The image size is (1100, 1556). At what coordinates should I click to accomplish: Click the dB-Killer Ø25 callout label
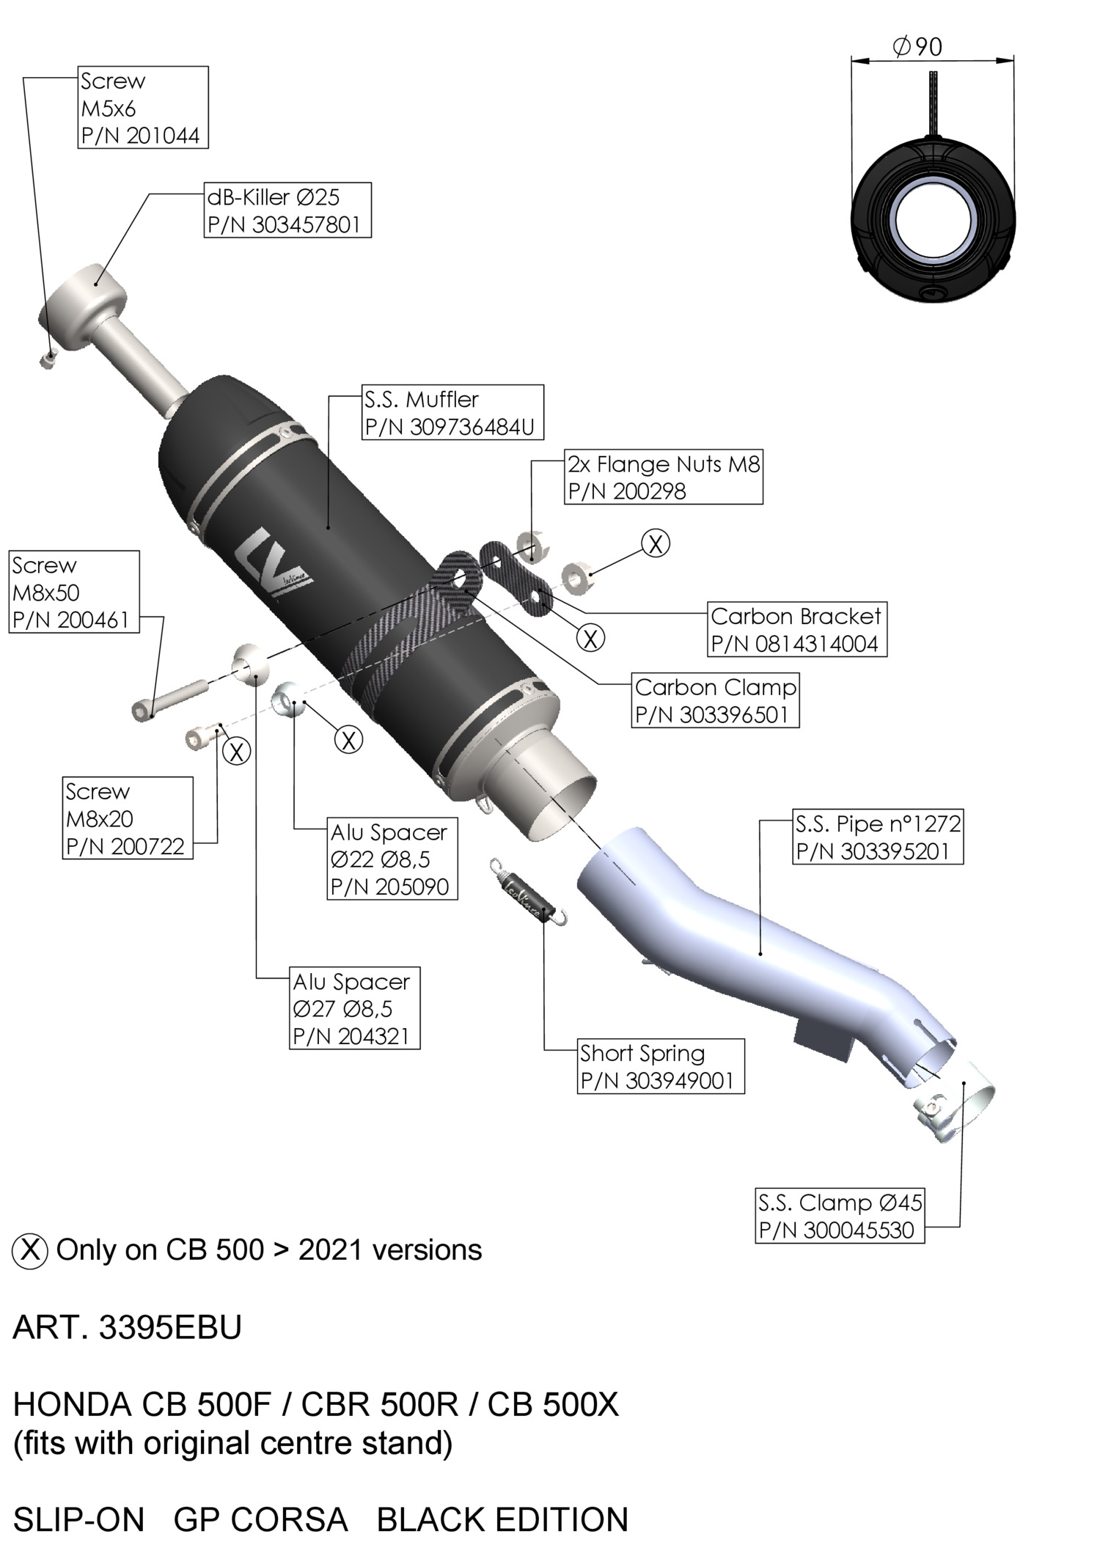[x=287, y=210]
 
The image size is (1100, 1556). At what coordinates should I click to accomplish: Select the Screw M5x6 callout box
[x=143, y=108]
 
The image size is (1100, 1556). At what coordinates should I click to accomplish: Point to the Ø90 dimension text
[x=917, y=47]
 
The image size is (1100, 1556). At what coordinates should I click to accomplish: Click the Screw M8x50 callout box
[x=74, y=592]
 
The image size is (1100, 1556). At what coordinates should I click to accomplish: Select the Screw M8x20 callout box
[x=128, y=818]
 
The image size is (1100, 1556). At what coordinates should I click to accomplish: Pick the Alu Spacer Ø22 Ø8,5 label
[x=392, y=859]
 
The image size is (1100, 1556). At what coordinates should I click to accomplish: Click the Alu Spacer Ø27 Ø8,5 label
[x=355, y=1008]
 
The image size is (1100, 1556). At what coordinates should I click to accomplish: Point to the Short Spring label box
[x=661, y=1066]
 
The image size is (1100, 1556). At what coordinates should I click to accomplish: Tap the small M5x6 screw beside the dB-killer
[x=48, y=358]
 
